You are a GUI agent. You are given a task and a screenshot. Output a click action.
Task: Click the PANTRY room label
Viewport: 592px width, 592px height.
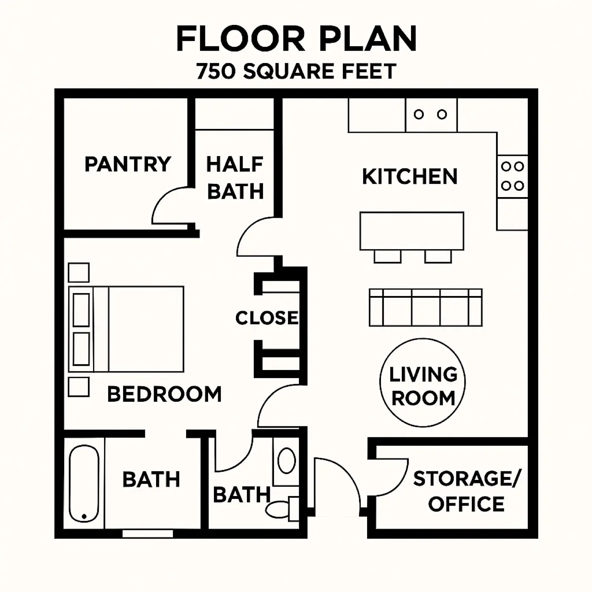[x=128, y=164]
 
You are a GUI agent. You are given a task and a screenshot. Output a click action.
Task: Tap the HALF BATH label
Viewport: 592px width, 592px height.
[x=236, y=178]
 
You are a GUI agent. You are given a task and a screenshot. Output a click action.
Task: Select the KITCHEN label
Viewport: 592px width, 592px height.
[x=410, y=176]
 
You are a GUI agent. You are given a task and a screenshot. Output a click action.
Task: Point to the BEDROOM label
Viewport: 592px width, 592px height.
[x=164, y=394]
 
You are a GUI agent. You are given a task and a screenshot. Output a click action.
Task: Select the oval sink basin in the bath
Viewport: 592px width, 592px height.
[x=287, y=460]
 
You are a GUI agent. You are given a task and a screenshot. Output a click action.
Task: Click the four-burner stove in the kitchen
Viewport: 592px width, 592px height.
[x=512, y=176]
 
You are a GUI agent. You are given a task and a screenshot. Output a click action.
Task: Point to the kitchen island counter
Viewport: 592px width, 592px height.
[x=412, y=231]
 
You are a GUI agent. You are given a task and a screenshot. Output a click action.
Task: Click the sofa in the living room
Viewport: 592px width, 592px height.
[x=426, y=307]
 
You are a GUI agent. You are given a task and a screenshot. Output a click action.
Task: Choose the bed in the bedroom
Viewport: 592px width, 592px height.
[x=126, y=329]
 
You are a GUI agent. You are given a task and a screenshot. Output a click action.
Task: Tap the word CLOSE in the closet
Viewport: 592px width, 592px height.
[x=267, y=318]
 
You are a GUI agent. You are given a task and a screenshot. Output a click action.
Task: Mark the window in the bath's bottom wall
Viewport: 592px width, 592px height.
[x=148, y=534]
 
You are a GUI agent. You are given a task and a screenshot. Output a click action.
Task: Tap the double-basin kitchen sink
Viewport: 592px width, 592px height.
[x=431, y=115]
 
